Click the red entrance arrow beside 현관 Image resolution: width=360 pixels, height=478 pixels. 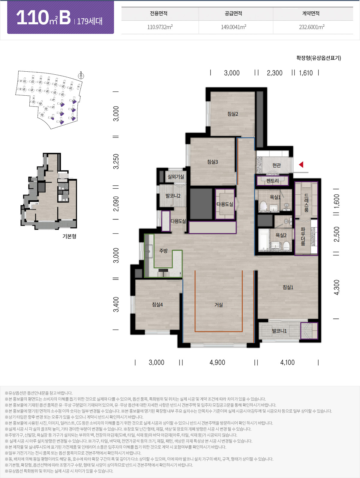tap(301, 165)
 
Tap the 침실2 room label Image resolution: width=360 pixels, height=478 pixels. tap(233, 114)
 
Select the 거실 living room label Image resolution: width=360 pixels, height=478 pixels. tap(219, 305)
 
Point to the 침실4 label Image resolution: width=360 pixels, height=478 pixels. tap(157, 305)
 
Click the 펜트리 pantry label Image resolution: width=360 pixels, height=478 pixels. tap(272, 181)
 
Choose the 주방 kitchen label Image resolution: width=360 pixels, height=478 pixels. tap(163, 251)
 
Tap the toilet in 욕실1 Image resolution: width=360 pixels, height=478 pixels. tap(263, 206)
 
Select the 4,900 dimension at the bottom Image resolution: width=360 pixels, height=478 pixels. tap(217, 363)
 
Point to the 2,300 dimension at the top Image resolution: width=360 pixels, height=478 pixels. tap(274, 73)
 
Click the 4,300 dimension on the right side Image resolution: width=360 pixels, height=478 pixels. tap(337, 288)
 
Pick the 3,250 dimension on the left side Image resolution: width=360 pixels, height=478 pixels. tap(116, 161)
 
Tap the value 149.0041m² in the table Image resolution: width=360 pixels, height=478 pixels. tap(234, 27)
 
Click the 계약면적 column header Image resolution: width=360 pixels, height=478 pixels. tap(311, 13)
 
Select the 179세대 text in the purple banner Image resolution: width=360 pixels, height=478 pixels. tap(90, 21)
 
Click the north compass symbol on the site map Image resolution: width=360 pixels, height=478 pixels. tap(81, 76)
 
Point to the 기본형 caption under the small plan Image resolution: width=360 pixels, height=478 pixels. tap(70, 236)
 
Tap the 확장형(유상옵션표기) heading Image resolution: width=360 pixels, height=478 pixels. tap(319, 58)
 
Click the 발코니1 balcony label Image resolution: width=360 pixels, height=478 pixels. tap(279, 331)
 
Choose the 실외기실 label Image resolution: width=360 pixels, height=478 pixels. tap(176, 177)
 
